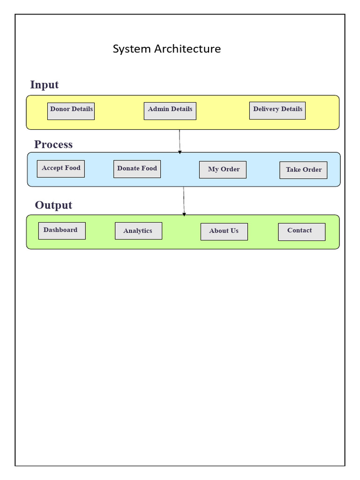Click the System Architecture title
(166, 49)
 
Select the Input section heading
(44, 85)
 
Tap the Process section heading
(53, 144)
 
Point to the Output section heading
(53, 205)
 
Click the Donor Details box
(71, 111)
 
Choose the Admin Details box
(170, 111)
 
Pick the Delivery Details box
(277, 111)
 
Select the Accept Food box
(61, 169)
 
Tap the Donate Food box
(137, 169)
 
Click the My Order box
(223, 170)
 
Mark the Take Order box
(303, 170)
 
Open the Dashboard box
(61, 231)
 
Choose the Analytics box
(138, 231)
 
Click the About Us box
(224, 232)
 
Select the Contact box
(301, 232)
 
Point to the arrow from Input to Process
(180, 141)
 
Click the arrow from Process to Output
(184, 201)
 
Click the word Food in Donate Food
(149, 168)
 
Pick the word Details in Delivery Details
(291, 109)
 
